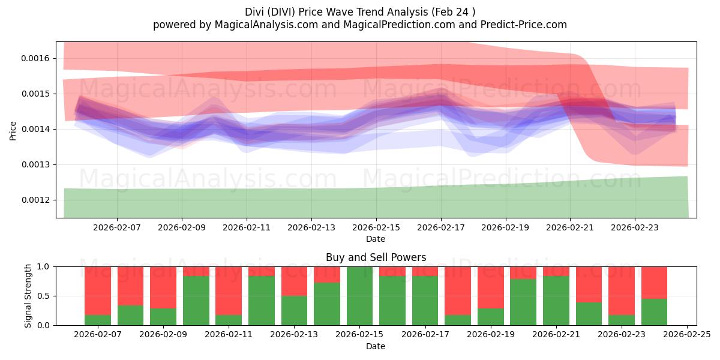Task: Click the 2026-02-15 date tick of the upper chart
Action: pos(376,228)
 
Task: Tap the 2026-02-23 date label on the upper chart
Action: pos(635,228)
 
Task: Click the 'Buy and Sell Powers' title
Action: pos(376,257)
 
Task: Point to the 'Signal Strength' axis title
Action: pos(28,296)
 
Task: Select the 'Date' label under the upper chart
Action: pos(376,239)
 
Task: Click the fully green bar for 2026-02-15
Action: pos(359,296)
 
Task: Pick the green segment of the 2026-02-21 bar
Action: pos(556,301)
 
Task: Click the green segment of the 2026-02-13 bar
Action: pos(294,310)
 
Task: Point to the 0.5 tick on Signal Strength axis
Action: pos(46,296)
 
